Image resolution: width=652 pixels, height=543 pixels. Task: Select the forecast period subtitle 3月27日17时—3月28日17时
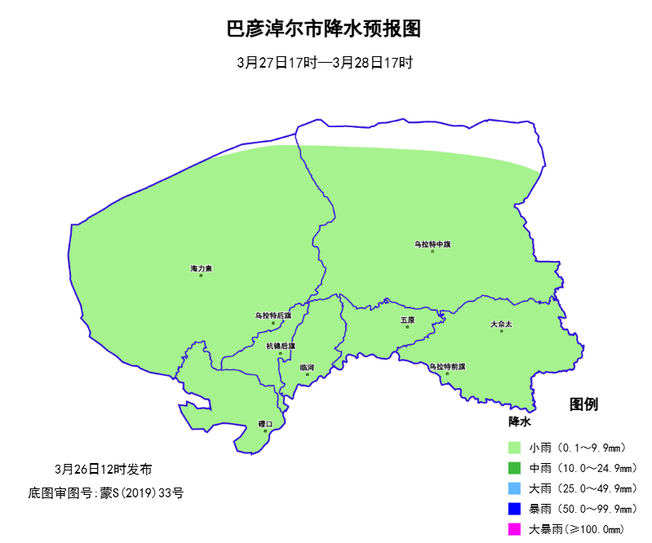(x=326, y=63)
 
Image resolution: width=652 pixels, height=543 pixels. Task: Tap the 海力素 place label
(x=201, y=268)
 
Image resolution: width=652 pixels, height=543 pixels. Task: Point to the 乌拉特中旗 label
(x=432, y=244)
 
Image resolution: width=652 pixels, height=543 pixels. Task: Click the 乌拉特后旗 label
(x=273, y=316)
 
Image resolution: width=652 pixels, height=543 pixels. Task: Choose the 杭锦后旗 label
(x=281, y=346)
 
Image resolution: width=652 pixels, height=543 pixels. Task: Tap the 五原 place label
(x=407, y=320)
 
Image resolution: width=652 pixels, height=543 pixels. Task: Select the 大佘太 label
(x=501, y=324)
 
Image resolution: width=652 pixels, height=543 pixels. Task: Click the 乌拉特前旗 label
(x=447, y=367)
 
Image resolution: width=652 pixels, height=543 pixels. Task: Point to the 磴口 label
(x=265, y=423)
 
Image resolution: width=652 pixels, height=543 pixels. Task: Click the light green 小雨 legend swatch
(x=514, y=448)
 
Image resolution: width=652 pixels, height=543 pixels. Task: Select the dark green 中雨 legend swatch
(x=514, y=468)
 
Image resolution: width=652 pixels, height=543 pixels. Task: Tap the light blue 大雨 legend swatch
(x=514, y=488)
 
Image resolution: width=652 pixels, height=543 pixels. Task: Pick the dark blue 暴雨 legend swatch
(x=514, y=509)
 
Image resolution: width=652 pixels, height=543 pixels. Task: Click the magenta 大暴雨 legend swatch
(x=514, y=529)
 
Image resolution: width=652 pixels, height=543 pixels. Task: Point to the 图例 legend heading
(x=584, y=404)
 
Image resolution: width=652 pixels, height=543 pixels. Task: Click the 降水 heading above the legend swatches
(x=520, y=422)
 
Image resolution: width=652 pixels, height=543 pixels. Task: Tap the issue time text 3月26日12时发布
(x=103, y=470)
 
